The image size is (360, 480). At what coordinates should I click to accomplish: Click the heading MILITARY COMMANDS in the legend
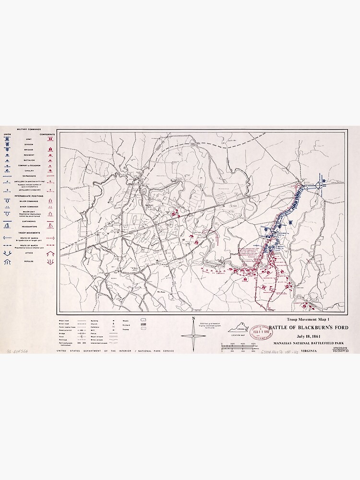[29, 129]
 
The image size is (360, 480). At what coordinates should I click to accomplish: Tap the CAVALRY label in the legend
[29, 170]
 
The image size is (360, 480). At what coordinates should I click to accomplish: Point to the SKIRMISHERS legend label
[29, 176]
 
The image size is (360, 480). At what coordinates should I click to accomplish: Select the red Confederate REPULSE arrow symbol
[49, 262]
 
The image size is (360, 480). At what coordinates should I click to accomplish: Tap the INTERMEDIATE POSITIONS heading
[29, 196]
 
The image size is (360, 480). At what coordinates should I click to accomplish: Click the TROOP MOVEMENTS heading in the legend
[29, 233]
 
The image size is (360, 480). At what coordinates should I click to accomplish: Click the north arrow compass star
[193, 335]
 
